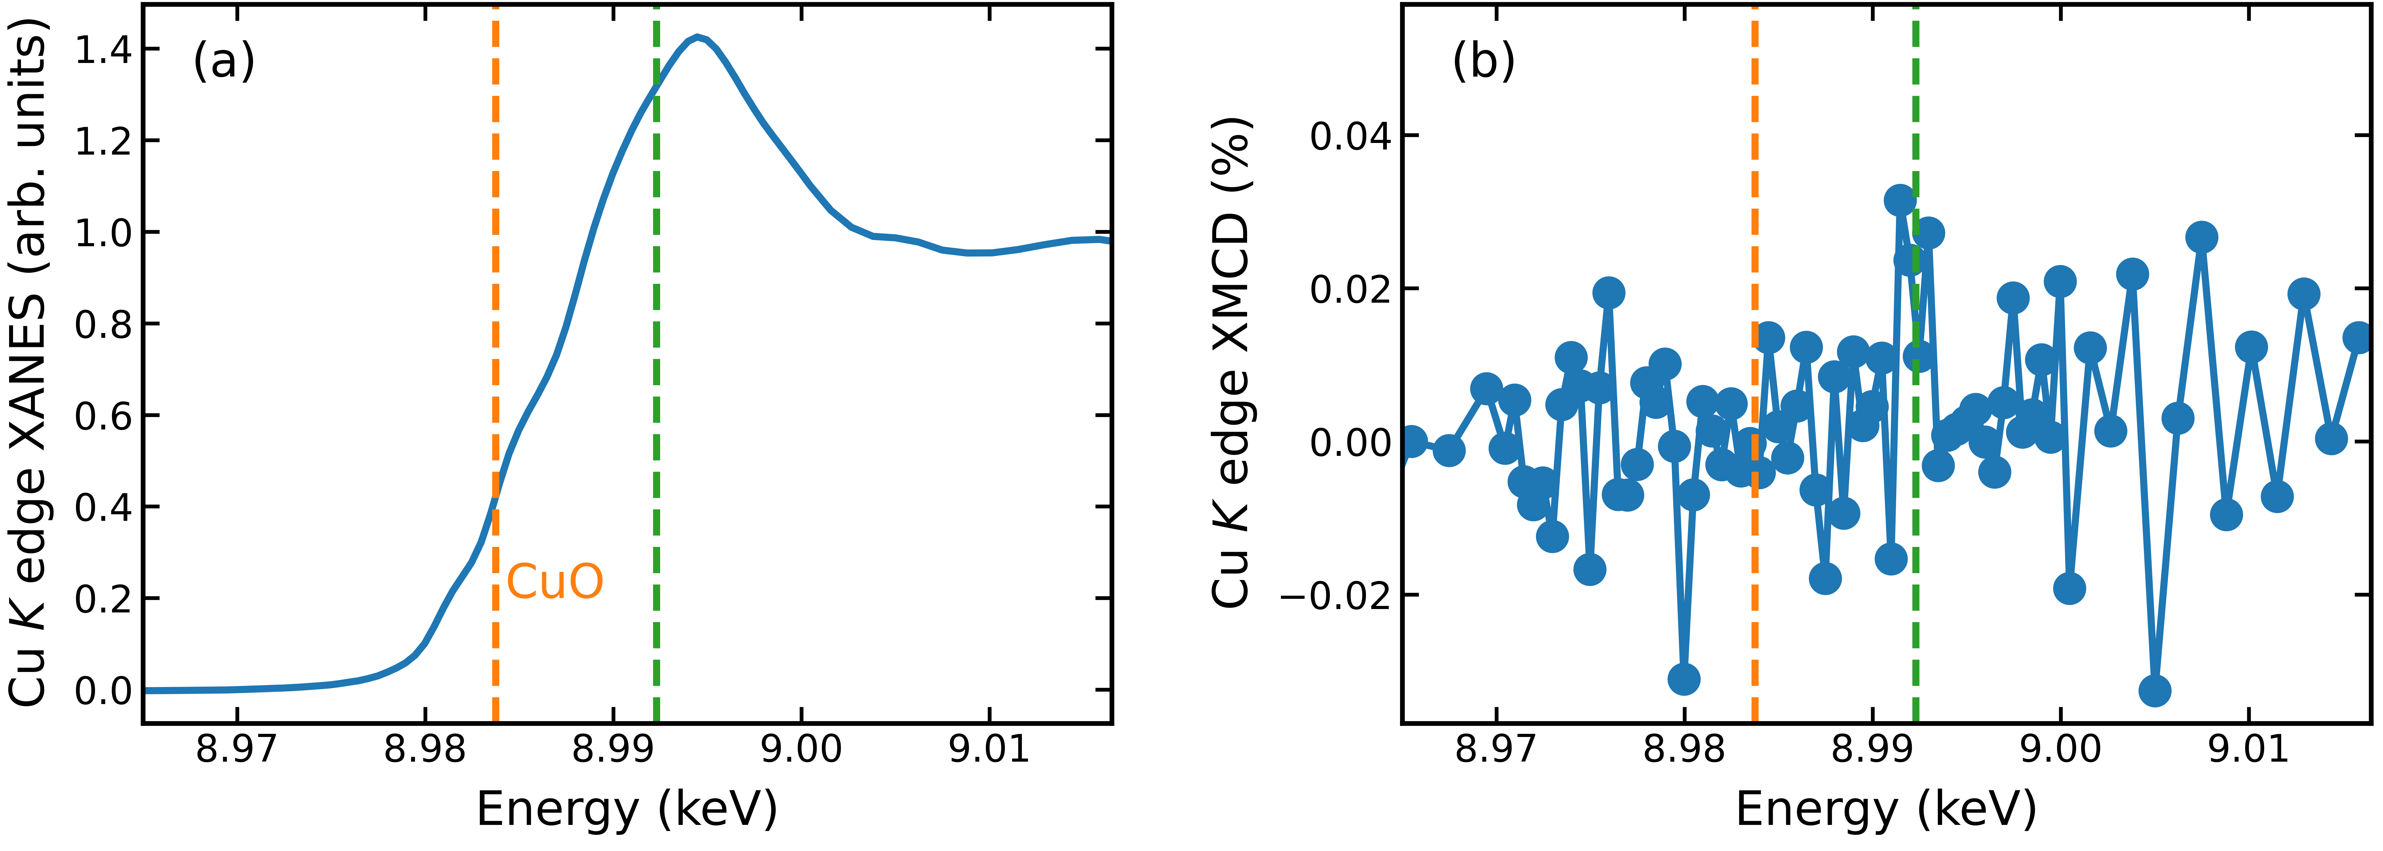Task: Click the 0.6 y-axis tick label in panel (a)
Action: (103, 416)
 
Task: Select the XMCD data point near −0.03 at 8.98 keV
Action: (1684, 679)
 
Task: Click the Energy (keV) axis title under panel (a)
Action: (626, 809)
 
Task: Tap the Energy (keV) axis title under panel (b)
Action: (1885, 809)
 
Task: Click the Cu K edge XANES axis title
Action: (28, 370)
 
